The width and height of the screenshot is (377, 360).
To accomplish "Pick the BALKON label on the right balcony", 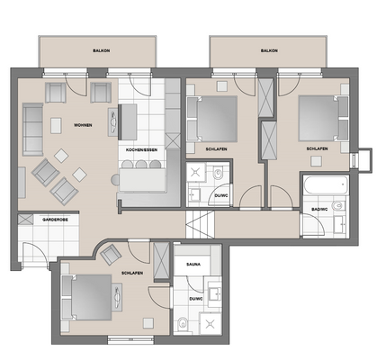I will [x=268, y=51].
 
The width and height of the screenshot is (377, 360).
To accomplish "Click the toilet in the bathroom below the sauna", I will [x=183, y=326].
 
